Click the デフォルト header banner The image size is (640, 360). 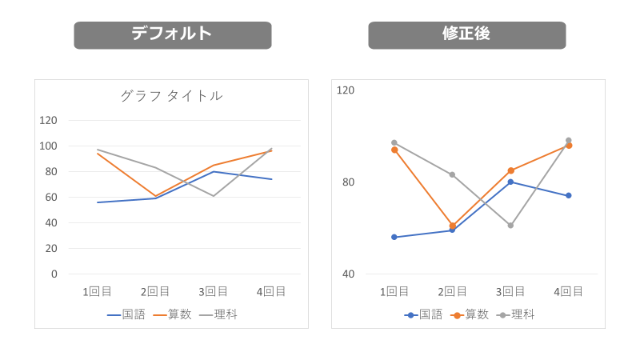pos(172,34)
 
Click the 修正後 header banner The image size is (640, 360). pos(466,34)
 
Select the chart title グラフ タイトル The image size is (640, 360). pos(171,96)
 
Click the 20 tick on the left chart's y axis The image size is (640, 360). pos(51,248)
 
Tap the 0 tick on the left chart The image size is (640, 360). pos(54,274)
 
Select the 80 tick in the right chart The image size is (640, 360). pos(347,182)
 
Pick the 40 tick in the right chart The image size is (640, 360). pos(347,274)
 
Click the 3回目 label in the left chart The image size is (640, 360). pos(213,291)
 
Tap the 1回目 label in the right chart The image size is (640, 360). pos(394,291)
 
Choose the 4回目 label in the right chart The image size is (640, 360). pos(568,291)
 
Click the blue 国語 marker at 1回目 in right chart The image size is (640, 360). pos(394,237)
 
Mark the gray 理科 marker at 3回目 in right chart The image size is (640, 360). pos(510,226)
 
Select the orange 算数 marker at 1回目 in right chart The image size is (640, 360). pos(394,150)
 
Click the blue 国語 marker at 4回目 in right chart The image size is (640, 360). pos(568,195)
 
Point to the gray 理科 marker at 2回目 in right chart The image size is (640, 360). pos(452,174)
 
